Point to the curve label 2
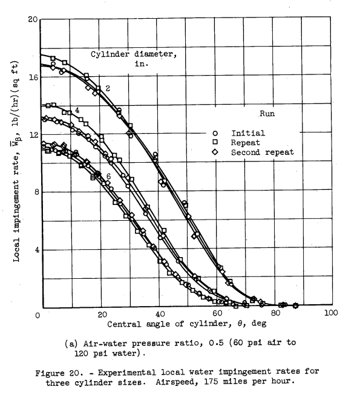[107, 88]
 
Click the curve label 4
[77, 110]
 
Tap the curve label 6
[108, 175]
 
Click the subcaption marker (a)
[71, 342]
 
